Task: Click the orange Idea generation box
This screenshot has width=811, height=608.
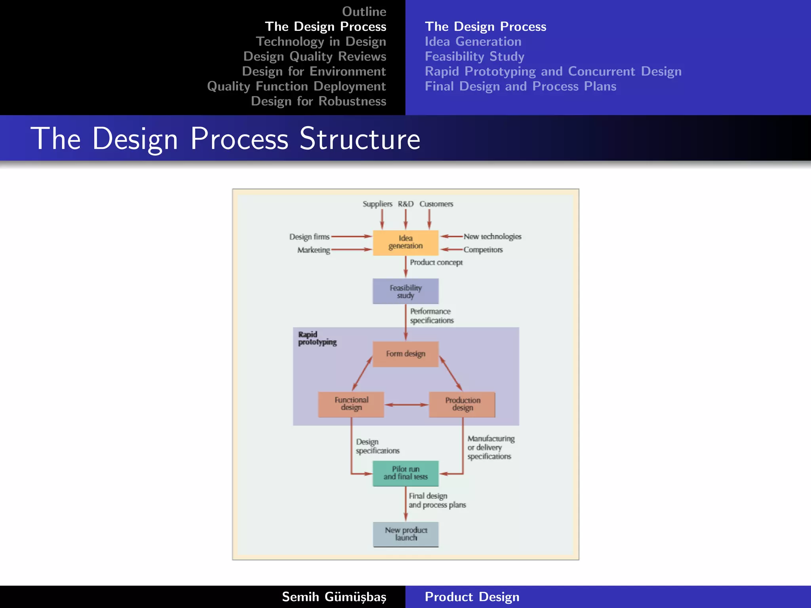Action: point(405,242)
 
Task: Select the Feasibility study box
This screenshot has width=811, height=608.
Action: point(405,291)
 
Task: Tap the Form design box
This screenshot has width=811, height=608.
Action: point(405,354)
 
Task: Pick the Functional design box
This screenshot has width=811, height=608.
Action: point(351,404)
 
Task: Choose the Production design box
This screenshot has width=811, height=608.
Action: point(462,404)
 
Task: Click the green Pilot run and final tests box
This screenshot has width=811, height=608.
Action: point(405,473)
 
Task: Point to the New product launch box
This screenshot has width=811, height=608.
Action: point(405,534)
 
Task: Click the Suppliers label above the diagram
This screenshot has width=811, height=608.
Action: point(377,204)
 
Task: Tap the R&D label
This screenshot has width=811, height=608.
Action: point(405,204)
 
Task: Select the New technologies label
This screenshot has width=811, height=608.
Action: point(492,236)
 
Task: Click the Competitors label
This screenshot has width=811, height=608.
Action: point(483,250)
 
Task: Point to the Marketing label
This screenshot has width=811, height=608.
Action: point(314,250)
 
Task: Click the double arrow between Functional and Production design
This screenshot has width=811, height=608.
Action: point(406,405)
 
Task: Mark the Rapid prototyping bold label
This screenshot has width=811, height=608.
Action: point(317,338)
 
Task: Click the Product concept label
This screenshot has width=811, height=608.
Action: point(436,262)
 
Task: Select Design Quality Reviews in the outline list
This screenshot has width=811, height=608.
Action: point(314,56)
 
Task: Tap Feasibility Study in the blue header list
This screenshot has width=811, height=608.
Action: point(474,56)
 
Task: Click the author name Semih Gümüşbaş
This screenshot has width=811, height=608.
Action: point(334,597)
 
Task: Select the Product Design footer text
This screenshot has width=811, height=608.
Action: point(472,597)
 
